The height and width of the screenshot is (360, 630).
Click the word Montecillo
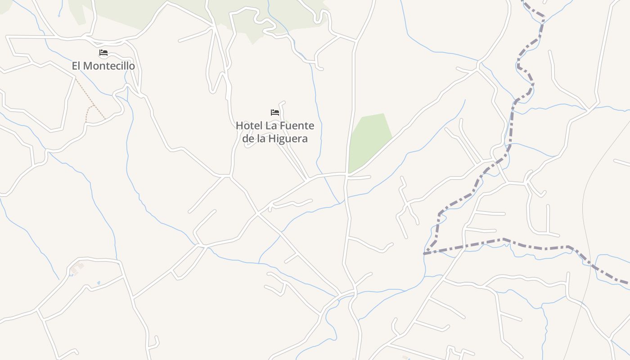coord(109,66)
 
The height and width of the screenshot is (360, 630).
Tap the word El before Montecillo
coord(76,66)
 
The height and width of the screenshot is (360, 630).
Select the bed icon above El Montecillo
coord(103,53)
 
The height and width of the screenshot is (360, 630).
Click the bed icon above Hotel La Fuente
coord(275,112)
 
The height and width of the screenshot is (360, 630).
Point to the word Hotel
coord(248,126)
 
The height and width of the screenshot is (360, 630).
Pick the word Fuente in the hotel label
coord(298,126)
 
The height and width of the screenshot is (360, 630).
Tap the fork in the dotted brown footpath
coord(93,106)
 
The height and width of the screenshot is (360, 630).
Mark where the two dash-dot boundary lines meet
coord(424,254)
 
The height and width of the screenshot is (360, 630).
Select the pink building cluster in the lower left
coord(76,268)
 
